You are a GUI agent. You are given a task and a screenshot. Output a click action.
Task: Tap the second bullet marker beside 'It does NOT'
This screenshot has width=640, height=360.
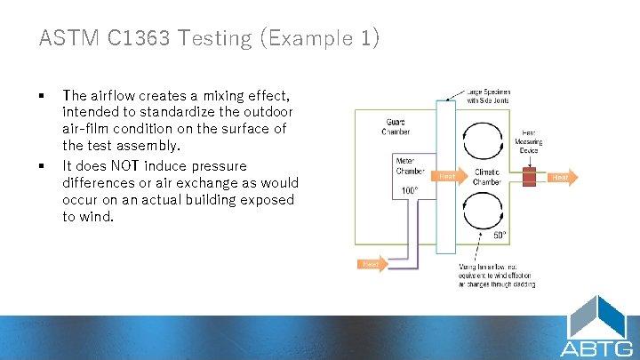click(43, 166)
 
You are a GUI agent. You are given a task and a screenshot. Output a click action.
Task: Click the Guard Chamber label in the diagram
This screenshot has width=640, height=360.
click(397, 125)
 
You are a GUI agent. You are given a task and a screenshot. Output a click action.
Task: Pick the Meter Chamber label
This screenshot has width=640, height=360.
click(410, 165)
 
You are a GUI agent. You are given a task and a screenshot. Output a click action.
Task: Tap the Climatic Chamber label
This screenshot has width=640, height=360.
click(486, 176)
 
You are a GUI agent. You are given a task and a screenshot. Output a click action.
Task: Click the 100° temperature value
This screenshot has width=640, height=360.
click(410, 190)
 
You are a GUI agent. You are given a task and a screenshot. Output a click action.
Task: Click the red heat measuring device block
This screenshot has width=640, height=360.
click(530, 177)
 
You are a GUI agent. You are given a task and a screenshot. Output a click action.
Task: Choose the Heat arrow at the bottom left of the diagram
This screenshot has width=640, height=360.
click(372, 264)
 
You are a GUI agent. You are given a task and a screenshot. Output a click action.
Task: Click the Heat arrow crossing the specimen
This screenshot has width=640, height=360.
click(448, 176)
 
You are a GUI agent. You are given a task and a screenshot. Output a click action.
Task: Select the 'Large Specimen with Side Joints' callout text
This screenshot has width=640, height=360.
click(489, 95)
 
